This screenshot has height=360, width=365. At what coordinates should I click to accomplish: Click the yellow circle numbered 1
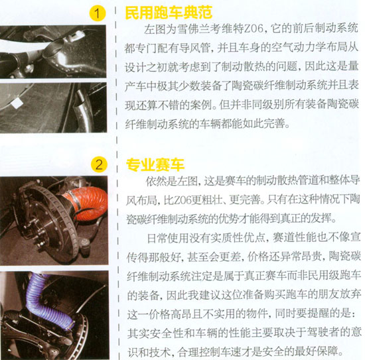(98, 13)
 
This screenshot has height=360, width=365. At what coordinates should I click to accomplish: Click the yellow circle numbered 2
(99, 164)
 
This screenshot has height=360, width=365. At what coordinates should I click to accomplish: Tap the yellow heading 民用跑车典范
(169, 13)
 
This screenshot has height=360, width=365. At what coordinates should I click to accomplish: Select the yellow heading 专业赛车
(155, 164)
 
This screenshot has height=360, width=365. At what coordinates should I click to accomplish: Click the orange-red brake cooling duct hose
(88, 203)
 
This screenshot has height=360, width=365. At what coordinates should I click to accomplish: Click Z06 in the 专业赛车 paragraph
(173, 200)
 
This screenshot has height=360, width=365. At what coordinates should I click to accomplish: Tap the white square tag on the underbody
(17, 103)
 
